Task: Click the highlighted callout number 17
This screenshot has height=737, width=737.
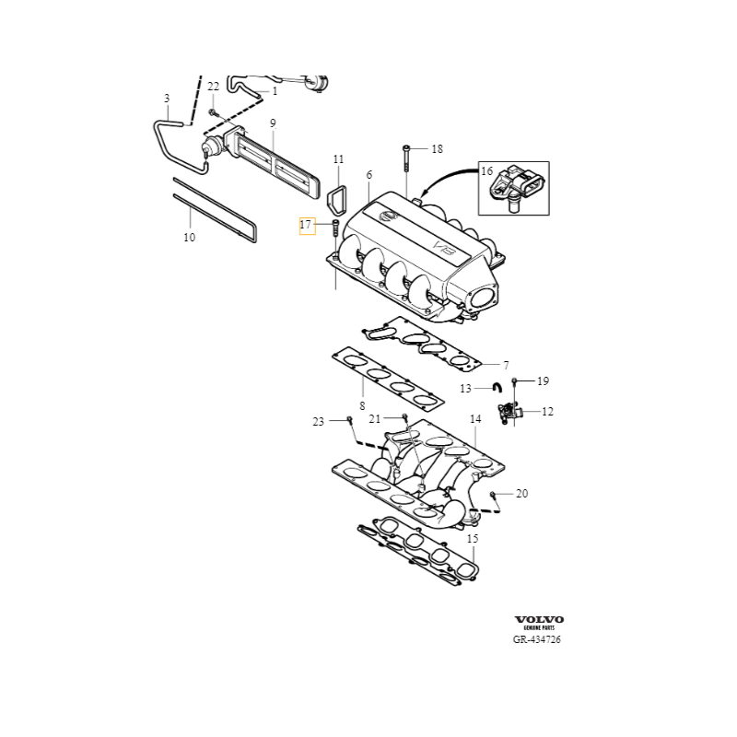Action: click(306, 225)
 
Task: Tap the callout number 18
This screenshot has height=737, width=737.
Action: click(437, 148)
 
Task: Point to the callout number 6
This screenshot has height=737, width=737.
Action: click(368, 175)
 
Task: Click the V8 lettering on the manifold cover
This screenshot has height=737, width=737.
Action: click(444, 248)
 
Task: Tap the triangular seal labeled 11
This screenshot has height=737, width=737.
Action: click(336, 199)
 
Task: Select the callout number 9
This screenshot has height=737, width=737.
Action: click(273, 123)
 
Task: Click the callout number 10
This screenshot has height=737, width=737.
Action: click(189, 237)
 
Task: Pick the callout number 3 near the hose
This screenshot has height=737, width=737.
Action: click(167, 98)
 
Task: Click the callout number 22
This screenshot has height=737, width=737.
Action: click(213, 87)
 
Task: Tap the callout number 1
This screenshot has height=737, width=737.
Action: click(274, 91)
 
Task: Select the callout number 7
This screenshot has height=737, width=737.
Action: click(506, 365)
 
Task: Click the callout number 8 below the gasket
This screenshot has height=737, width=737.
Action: click(362, 405)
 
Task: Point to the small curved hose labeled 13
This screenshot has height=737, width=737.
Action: click(496, 388)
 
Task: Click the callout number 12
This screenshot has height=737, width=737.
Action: click(547, 412)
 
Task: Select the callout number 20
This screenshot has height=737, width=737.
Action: click(521, 494)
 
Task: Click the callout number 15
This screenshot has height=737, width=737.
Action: click(473, 538)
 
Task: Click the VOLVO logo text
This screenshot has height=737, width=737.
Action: click(538, 619)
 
